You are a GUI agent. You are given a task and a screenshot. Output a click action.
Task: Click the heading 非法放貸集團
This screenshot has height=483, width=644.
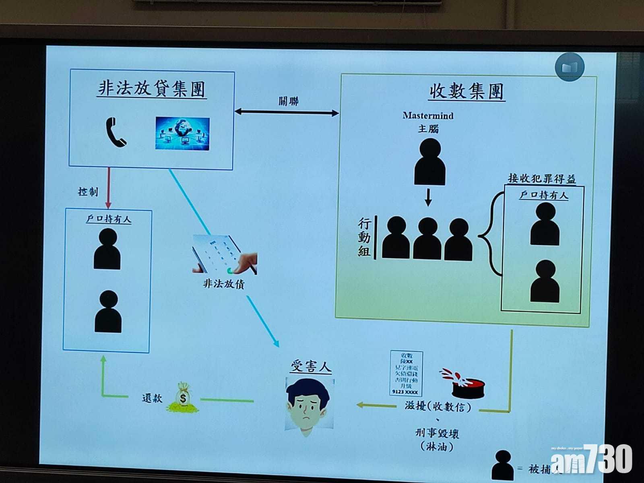pyautogui.click(x=152, y=89)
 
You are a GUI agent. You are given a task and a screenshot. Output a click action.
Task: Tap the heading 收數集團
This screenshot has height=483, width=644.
pyautogui.click(x=466, y=91)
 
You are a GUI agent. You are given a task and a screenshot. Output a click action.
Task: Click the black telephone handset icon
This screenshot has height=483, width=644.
pyautogui.click(x=116, y=132)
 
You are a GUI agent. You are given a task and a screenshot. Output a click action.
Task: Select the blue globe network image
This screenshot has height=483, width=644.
pyautogui.click(x=182, y=134)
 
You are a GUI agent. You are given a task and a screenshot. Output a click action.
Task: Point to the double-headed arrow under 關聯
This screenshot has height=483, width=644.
pyautogui.click(x=287, y=112)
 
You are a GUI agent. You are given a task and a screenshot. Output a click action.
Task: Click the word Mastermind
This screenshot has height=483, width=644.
pyautogui.click(x=428, y=116)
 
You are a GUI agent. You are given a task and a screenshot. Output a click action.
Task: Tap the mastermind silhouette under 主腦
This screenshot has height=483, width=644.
pyautogui.click(x=429, y=162)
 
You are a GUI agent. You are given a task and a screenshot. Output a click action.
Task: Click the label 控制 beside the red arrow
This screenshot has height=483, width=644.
pyautogui.click(x=88, y=192)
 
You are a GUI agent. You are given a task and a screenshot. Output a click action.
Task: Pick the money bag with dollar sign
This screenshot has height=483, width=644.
pyautogui.click(x=183, y=398)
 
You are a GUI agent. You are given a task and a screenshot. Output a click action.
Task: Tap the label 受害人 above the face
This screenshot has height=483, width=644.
pyautogui.click(x=311, y=367)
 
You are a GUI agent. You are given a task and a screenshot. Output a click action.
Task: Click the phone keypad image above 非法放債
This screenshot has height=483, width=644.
pyautogui.click(x=224, y=255)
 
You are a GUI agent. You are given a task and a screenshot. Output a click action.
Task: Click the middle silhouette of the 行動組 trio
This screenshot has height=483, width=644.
pyautogui.click(x=427, y=239)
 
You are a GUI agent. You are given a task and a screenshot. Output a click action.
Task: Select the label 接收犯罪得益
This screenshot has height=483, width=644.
pyautogui.click(x=541, y=178)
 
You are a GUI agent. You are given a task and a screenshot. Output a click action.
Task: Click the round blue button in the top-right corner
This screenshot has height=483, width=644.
pyautogui.click(x=569, y=67)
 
